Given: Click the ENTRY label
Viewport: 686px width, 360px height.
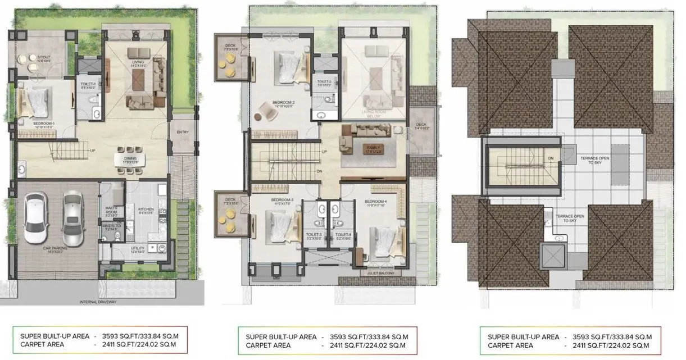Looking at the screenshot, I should click(x=183, y=133).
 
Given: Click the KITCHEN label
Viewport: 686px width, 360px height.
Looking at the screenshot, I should click(x=146, y=211).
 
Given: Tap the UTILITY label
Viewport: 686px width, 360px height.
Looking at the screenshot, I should click(x=137, y=249).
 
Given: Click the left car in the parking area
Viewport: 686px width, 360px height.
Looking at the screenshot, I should click(x=37, y=215).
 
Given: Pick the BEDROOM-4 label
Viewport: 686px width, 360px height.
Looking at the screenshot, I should click(x=375, y=202).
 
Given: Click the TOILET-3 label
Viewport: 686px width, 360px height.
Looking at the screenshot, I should click(x=314, y=235).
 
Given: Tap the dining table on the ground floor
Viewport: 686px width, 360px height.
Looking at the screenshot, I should click(x=130, y=159).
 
